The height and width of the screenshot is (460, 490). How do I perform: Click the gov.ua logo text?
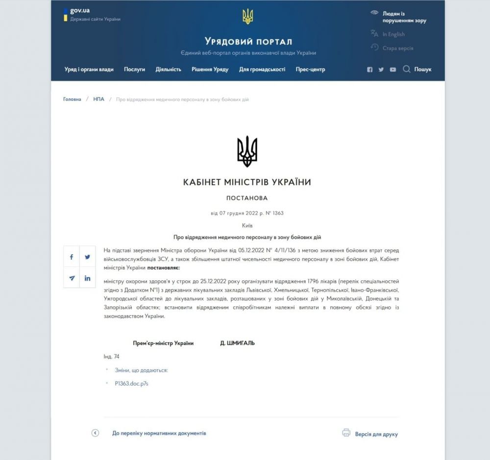pyautogui.click(x=79, y=10)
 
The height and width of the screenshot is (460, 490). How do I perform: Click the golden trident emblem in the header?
pyautogui.click(x=247, y=17)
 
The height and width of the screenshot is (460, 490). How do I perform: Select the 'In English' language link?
pyautogui.click(x=393, y=34)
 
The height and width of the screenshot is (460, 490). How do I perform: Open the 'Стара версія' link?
pyautogui.click(x=397, y=48)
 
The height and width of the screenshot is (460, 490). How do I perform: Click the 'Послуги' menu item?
pyautogui.click(x=134, y=70)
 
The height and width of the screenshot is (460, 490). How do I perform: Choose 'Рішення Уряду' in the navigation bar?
pyautogui.click(x=210, y=70)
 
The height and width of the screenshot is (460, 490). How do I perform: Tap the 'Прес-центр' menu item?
pyautogui.click(x=310, y=70)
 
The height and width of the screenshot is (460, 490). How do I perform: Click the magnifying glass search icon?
pyautogui.click(x=406, y=69)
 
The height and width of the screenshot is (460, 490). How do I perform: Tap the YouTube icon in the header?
pyautogui.click(x=393, y=70)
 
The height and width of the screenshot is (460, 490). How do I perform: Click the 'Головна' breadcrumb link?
pyautogui.click(x=72, y=99)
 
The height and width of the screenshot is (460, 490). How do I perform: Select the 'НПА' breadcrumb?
pyautogui.click(x=98, y=99)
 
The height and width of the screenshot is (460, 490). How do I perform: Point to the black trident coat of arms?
pyautogui.click(x=247, y=151)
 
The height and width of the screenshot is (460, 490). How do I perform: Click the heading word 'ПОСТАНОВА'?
pyautogui.click(x=247, y=198)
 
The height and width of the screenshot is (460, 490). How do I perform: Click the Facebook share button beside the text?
pyautogui.click(x=72, y=257)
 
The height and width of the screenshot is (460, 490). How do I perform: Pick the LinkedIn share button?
pyautogui.click(x=87, y=278)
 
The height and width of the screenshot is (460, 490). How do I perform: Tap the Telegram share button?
pyautogui.click(x=72, y=278)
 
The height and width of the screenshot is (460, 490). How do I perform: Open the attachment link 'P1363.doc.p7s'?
pyautogui.click(x=131, y=384)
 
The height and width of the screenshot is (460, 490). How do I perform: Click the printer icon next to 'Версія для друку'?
pyautogui.click(x=346, y=433)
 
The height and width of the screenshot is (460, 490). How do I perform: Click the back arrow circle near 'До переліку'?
pyautogui.click(x=96, y=433)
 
